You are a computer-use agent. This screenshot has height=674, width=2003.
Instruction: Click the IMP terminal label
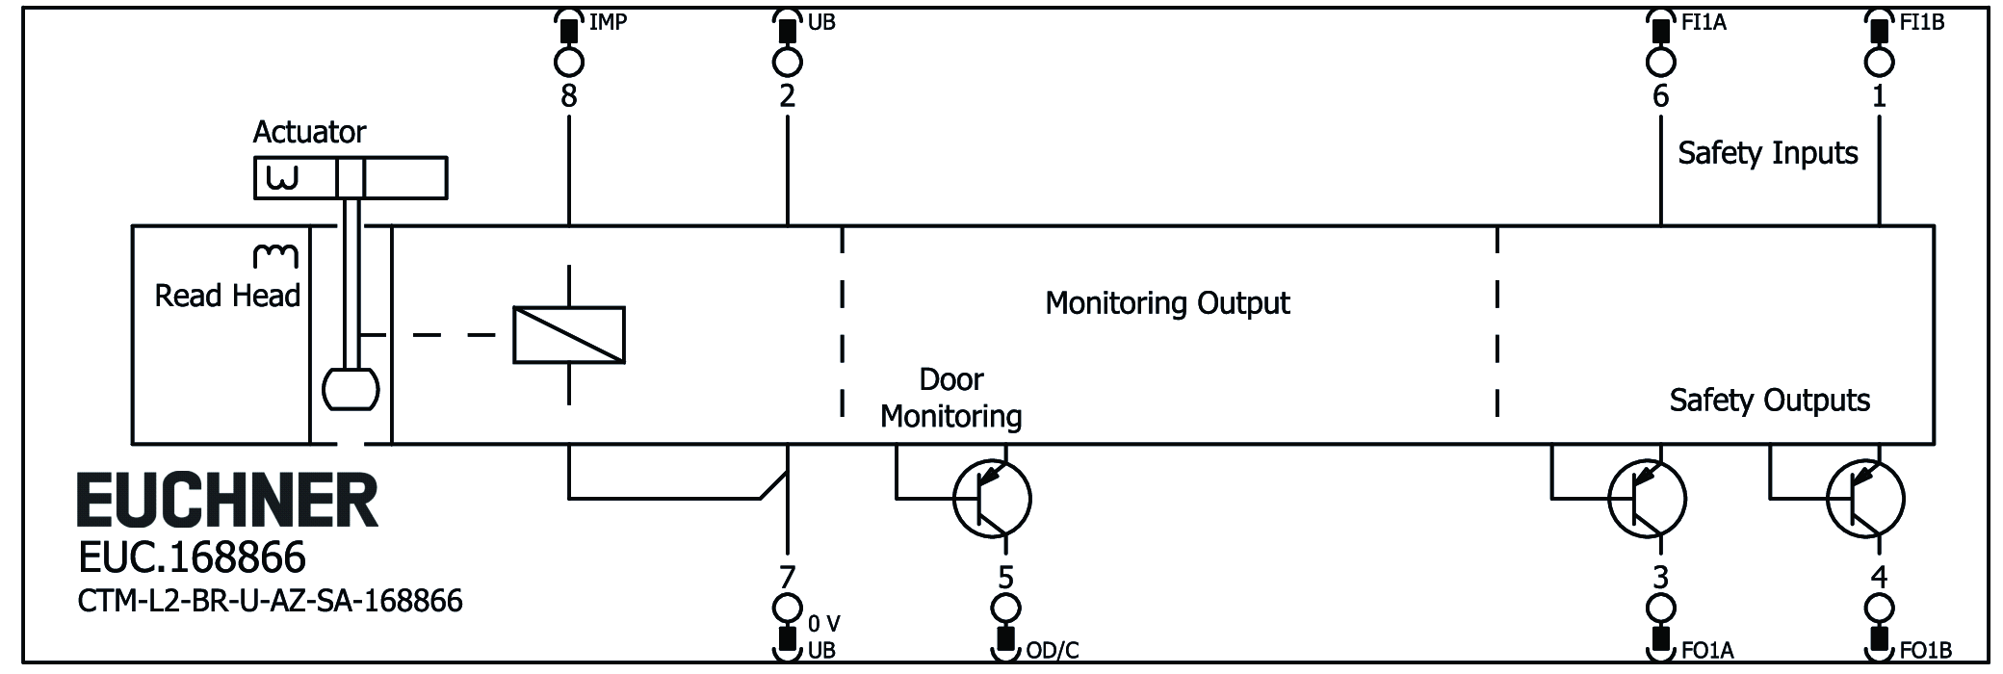click(x=608, y=21)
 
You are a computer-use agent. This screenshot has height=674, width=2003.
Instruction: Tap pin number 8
click(x=569, y=95)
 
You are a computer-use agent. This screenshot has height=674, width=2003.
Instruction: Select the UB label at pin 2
click(x=821, y=21)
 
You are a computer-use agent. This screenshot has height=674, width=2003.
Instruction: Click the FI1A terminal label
click(x=1704, y=21)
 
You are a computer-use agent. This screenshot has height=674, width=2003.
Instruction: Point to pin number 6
click(x=1660, y=95)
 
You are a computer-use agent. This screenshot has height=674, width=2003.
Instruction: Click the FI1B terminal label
click(x=1921, y=21)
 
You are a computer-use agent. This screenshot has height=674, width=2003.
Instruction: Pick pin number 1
click(x=1878, y=95)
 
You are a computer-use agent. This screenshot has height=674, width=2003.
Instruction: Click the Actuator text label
click(x=309, y=132)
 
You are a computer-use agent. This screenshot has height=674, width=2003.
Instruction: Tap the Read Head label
click(x=227, y=296)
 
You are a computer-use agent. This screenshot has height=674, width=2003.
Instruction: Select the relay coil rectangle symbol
click(x=569, y=335)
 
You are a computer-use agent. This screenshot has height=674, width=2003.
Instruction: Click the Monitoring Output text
click(x=1167, y=303)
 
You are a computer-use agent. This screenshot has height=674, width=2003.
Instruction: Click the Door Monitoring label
click(x=950, y=398)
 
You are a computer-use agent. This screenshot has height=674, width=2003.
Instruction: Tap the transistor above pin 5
click(x=991, y=499)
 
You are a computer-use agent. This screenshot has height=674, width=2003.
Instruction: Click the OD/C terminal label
click(x=1052, y=651)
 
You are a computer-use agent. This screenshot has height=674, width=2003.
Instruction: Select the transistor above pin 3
click(x=1647, y=499)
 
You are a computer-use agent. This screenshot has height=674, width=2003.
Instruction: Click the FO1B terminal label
click(x=1925, y=651)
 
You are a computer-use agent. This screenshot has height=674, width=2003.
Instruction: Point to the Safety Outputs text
click(x=1769, y=400)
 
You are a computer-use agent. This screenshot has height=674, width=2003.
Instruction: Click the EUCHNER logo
click(x=227, y=501)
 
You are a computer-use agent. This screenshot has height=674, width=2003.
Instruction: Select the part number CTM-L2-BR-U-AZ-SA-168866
click(x=270, y=601)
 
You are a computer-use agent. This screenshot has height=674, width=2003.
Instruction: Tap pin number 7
click(x=787, y=577)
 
